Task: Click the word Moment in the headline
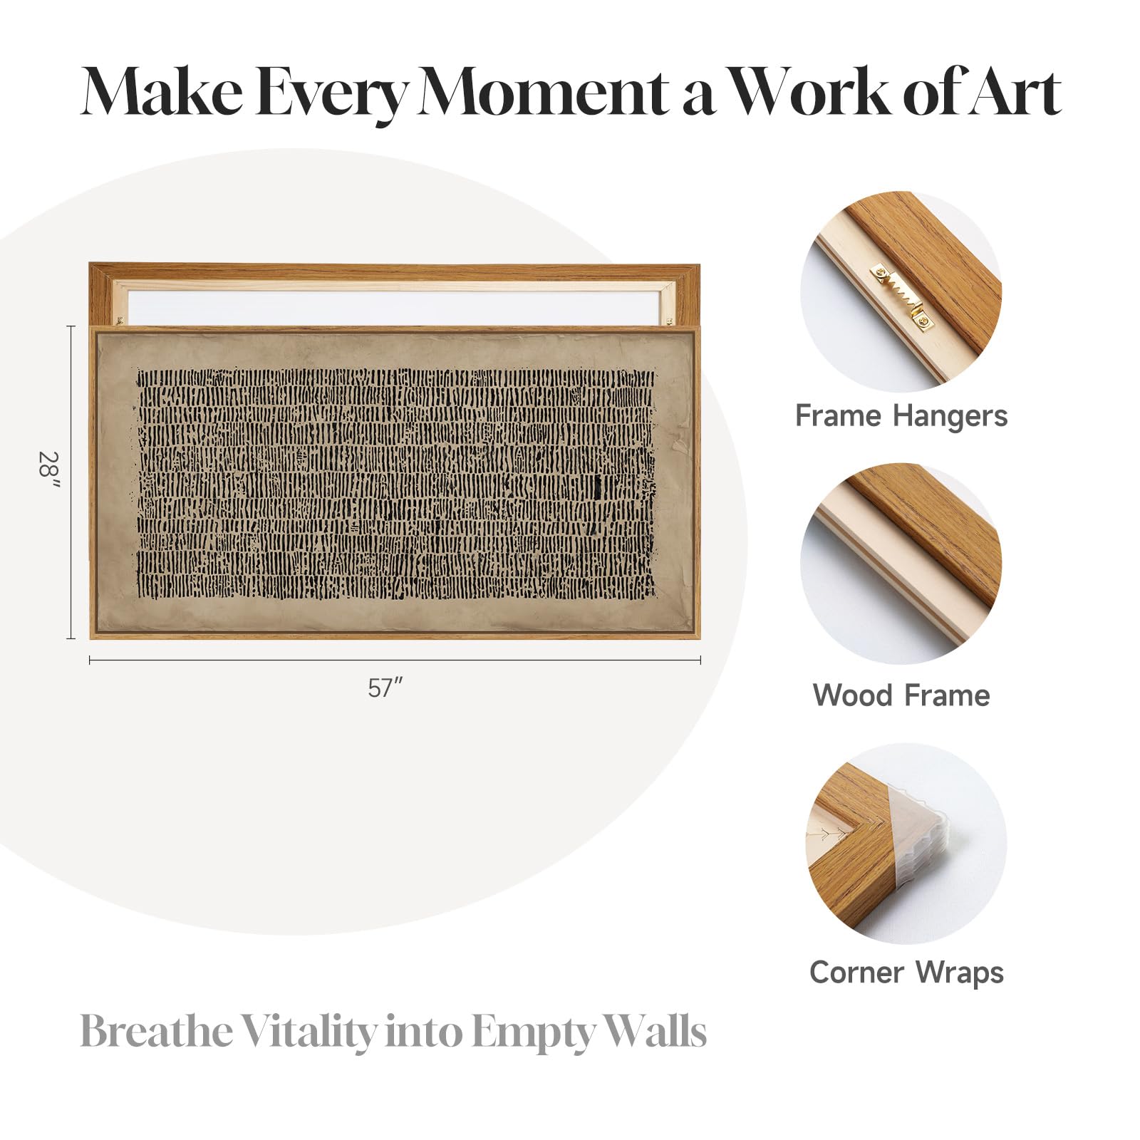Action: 543,93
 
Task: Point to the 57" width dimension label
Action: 386,688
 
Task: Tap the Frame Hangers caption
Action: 901,416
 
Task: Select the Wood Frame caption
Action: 901,695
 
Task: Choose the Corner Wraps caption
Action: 906,973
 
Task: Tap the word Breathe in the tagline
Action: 156,1031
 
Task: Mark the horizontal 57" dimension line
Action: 395,660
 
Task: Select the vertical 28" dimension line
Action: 71,482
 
